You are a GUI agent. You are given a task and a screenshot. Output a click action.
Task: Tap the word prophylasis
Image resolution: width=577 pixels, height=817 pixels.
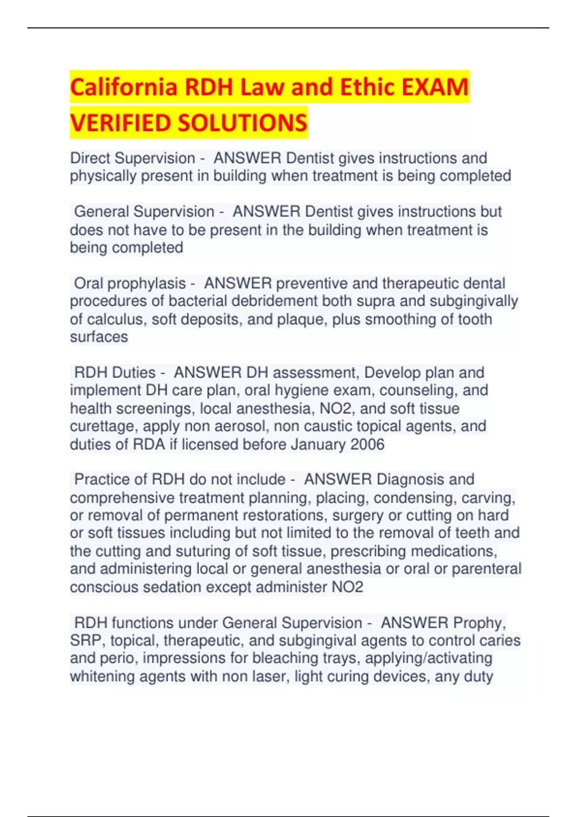[147, 284]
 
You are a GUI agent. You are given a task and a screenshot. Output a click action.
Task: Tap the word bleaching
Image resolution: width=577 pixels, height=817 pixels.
[282, 658]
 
